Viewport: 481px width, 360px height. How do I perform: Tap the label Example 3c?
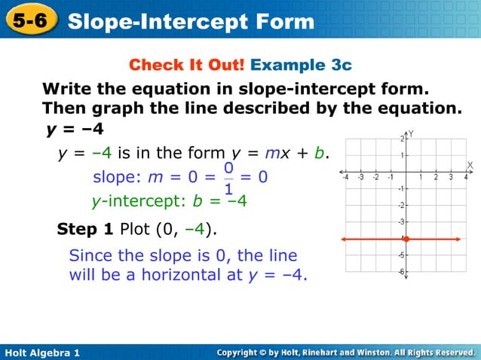[301, 65]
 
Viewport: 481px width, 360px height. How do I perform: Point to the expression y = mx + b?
[288, 154]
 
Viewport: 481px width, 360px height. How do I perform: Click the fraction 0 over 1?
[228, 178]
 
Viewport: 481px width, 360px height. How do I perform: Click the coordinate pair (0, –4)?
[179, 229]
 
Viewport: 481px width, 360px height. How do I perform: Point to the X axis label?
[470, 164]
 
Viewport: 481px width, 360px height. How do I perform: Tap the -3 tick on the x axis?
[360, 178]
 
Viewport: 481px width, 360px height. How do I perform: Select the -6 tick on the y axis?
[401, 272]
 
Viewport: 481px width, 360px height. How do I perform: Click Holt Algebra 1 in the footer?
[42, 352]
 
